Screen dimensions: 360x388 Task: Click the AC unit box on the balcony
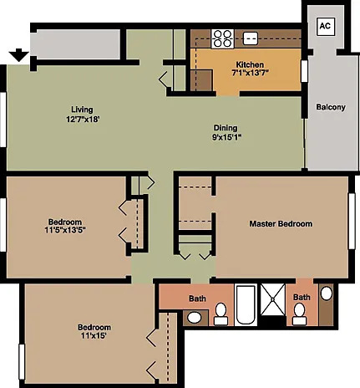pos(326,26)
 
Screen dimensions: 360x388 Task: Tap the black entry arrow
pos(19,55)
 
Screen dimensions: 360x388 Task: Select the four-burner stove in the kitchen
pos(222,38)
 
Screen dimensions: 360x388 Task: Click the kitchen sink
pos(251,38)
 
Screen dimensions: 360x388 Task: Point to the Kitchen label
pos(250,64)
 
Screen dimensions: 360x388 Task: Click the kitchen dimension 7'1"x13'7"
pos(250,73)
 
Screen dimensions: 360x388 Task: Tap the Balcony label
pos(331,107)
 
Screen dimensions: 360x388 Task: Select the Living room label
pos(82,110)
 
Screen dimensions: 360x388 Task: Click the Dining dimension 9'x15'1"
pos(226,137)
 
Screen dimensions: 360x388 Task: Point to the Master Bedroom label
pos(281,224)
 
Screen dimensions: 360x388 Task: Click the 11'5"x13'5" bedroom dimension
pos(65,230)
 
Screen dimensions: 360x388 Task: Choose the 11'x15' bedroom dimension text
pos(94,335)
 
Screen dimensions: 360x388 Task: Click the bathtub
pos(246,304)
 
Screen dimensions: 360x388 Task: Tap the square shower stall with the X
pos(273,299)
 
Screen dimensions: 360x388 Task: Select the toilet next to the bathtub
pos(221,314)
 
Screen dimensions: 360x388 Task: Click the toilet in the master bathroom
pos(300,314)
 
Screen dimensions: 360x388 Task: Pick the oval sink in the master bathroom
pos(327,294)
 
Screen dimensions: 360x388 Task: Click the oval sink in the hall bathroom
pos(195,318)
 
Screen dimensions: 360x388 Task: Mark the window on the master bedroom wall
pos(352,221)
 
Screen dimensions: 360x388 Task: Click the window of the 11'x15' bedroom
pos(22,362)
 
